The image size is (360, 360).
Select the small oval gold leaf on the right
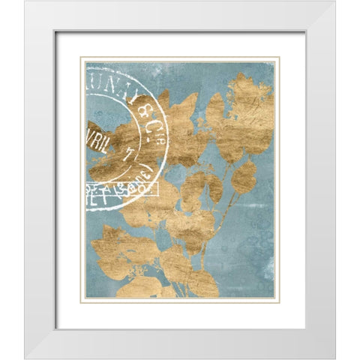coord(244,177)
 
